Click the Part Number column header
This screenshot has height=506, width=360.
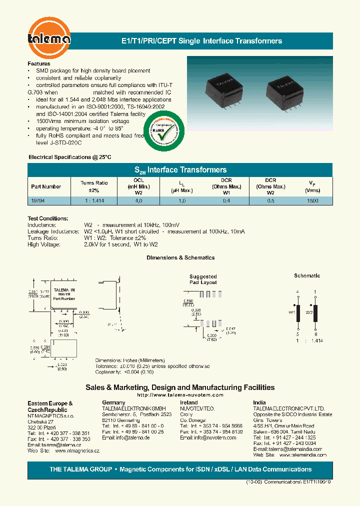(x=46, y=186)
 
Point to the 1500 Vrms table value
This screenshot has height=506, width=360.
(x=312, y=200)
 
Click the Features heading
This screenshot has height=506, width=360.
(x=39, y=64)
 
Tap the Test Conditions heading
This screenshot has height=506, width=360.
(x=48, y=218)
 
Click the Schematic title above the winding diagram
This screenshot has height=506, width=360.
(x=307, y=275)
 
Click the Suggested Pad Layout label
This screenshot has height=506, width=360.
(x=203, y=279)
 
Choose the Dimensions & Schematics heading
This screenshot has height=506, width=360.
(x=180, y=257)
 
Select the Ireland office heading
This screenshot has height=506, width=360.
(x=189, y=402)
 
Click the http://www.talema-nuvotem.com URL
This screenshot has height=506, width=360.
(x=180, y=395)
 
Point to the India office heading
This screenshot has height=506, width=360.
(x=259, y=402)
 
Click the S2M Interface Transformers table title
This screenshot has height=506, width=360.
(x=180, y=170)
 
